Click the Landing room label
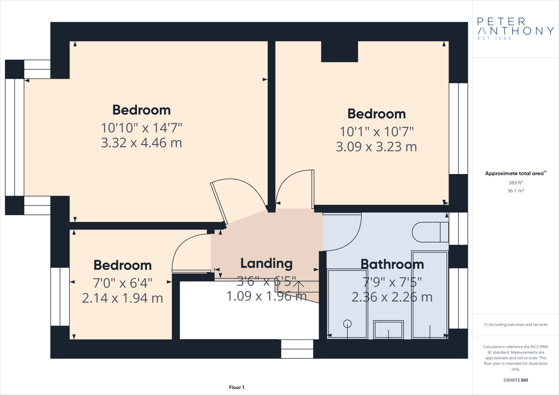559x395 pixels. [266, 263]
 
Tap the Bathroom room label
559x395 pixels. [392, 264]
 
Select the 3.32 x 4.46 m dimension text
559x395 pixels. [141, 143]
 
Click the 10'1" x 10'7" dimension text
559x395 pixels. [376, 132]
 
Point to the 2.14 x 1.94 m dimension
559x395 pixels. [123, 298]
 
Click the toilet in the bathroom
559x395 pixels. [430, 232]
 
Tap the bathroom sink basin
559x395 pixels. [388, 330]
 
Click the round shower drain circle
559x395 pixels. [347, 324]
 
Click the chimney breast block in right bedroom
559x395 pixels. [339, 52]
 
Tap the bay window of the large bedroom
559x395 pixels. [14, 137]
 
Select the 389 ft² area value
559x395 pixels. [516, 182]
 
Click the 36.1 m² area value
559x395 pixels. [516, 191]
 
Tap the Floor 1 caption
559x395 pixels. [236, 387]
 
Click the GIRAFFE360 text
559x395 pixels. [516, 380]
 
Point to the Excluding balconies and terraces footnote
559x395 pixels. [516, 325]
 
